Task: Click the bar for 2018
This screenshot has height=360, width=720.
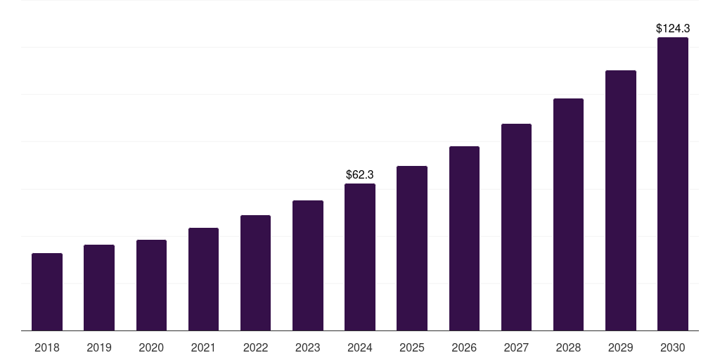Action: click(47, 292)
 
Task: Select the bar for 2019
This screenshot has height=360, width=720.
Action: click(99, 288)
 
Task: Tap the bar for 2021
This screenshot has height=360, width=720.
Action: click(203, 279)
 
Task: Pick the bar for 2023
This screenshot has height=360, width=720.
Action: click(308, 266)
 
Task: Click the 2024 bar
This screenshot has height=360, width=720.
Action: click(360, 257)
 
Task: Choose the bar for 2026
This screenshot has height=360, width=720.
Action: click(464, 238)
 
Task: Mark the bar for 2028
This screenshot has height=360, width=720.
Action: click(568, 214)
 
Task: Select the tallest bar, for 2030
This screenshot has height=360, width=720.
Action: click(673, 184)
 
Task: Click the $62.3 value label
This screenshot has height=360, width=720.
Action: click(360, 174)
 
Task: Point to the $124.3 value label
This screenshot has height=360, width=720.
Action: click(673, 29)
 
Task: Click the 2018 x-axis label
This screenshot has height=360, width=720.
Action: click(47, 347)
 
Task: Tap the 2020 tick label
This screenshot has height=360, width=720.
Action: click(151, 347)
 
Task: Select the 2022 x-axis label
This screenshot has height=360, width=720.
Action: click(255, 347)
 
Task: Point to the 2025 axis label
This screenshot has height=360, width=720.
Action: click(412, 347)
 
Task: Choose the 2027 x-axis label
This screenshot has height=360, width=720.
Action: click(516, 347)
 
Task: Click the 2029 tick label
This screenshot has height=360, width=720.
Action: click(621, 347)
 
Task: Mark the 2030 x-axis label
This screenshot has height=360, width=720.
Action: click(673, 347)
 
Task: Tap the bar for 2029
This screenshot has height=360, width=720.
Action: click(621, 200)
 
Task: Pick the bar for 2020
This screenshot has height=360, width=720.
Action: click(151, 285)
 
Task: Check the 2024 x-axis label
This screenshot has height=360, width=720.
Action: click(360, 347)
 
